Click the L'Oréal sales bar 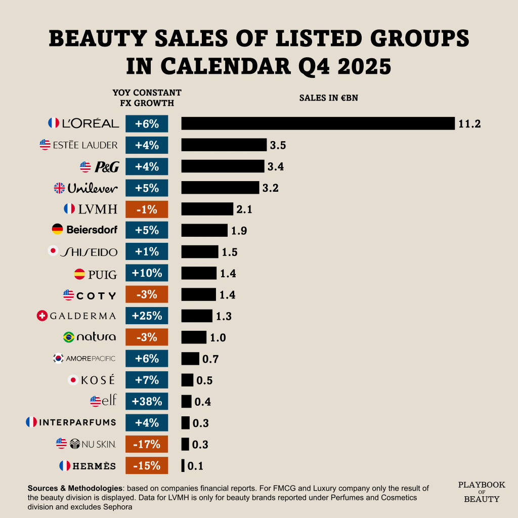click(x=318, y=123)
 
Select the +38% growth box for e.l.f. click(x=147, y=402)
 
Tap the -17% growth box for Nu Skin click(x=147, y=445)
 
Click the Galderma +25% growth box click(x=147, y=316)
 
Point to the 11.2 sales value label click(x=469, y=124)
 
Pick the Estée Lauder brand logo click(x=85, y=145)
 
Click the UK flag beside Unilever click(x=60, y=188)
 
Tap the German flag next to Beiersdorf click(x=58, y=230)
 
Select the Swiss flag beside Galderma click(x=42, y=316)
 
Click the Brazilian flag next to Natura click(x=68, y=337)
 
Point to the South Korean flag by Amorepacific click(x=58, y=359)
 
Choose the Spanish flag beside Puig click(x=79, y=275)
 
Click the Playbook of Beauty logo click(x=482, y=492)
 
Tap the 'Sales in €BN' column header click(x=328, y=98)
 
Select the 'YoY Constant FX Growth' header click(x=147, y=98)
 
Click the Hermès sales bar click(x=183, y=466)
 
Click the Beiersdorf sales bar click(x=204, y=231)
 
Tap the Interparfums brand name click(x=77, y=422)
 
